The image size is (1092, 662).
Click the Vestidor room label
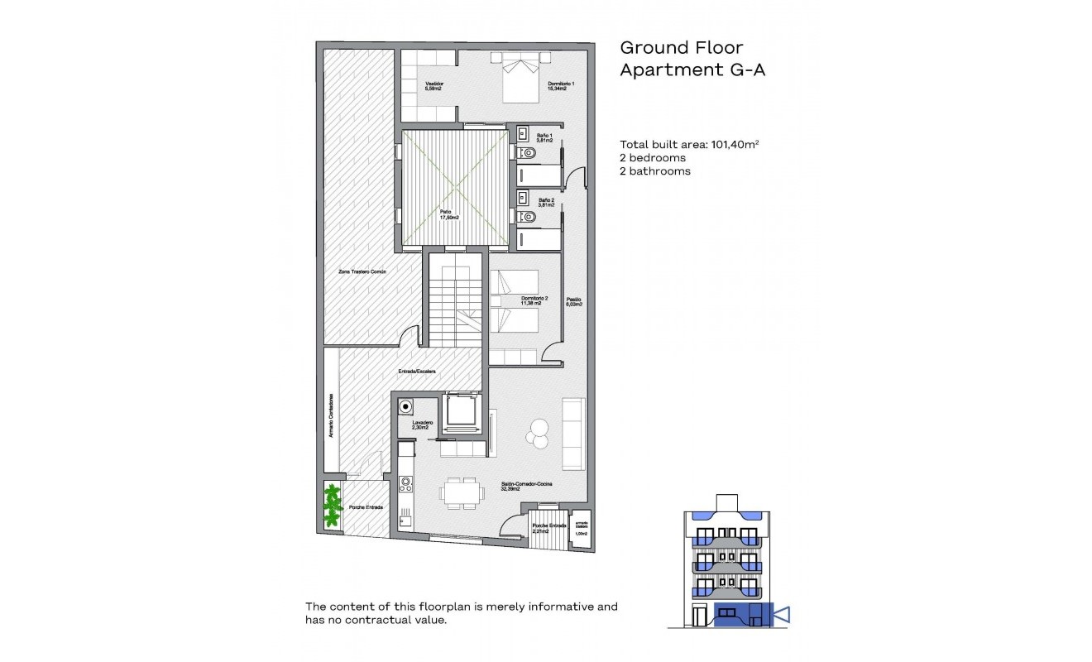tap(433, 86)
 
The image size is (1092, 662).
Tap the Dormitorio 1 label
tap(561, 86)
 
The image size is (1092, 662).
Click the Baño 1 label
tap(544, 137)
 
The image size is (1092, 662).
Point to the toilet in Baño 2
tap(528, 217)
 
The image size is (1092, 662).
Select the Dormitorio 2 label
tap(531, 300)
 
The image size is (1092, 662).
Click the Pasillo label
tap(574, 301)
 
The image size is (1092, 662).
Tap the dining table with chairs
tap(459, 492)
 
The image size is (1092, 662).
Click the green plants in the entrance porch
tap(333, 506)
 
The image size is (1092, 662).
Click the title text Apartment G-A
tap(692, 70)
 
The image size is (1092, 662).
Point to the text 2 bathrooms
tap(655, 171)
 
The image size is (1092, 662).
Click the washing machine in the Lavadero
tap(405, 406)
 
